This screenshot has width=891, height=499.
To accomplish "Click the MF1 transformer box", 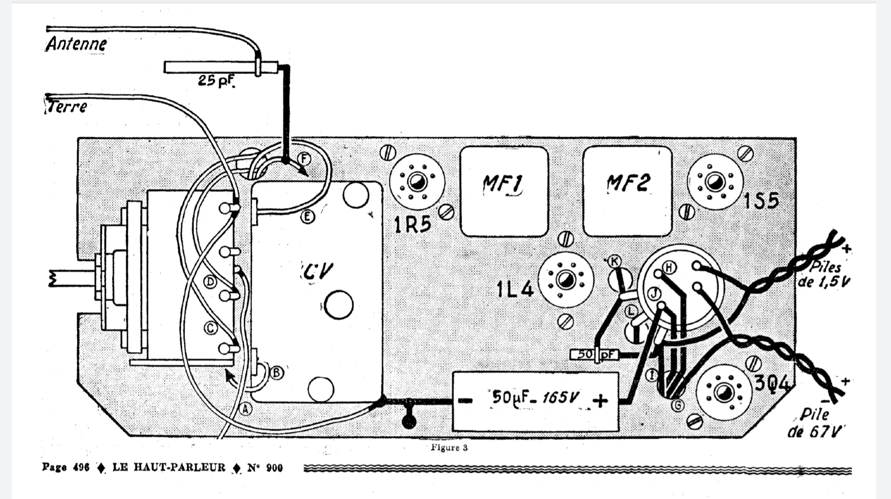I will [504, 192].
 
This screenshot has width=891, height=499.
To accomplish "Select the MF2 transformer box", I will [627, 192].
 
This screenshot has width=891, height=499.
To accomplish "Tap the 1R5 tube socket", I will [417, 182].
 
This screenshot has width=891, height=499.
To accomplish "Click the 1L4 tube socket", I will [565, 280].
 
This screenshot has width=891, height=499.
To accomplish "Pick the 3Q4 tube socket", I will [722, 392].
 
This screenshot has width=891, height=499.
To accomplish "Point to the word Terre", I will [67, 107].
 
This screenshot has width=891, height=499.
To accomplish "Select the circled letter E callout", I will [307, 217].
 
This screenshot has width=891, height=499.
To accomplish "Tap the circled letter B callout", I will [277, 372].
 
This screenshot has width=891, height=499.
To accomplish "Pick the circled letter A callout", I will [245, 409].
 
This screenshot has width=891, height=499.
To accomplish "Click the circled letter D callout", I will [210, 282].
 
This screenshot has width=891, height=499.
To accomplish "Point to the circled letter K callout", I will [614, 261].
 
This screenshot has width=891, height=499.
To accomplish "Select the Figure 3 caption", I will [449, 447].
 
